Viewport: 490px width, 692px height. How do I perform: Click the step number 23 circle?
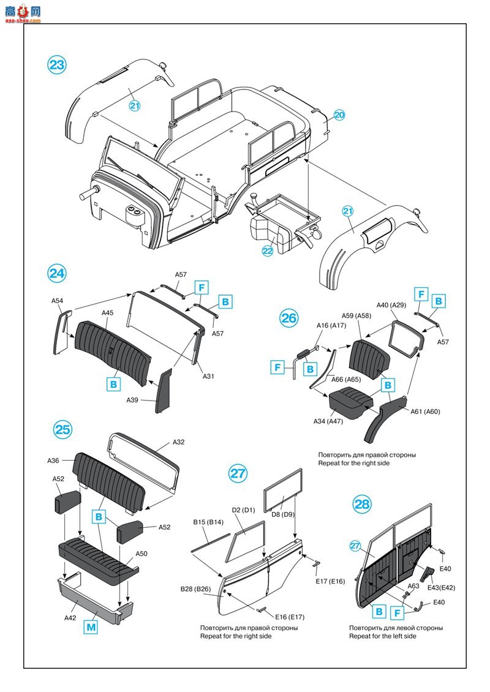pyautogui.click(x=56, y=66)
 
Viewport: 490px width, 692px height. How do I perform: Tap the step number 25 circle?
pyautogui.click(x=62, y=429)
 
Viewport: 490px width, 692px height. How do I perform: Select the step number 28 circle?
pyautogui.click(x=362, y=504)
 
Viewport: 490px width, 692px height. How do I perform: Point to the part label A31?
pyautogui.click(x=208, y=376)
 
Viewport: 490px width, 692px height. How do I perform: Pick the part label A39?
pyautogui.click(x=132, y=400)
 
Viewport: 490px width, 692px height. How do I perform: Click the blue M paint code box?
pyautogui.click(x=91, y=626)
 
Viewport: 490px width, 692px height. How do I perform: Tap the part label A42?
pyautogui.click(x=70, y=618)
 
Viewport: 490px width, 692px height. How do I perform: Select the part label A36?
pyautogui.click(x=53, y=461)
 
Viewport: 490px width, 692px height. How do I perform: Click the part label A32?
pyautogui.click(x=178, y=442)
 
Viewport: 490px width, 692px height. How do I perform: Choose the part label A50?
pyautogui.click(x=141, y=553)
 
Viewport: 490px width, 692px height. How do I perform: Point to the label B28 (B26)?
pyautogui.click(x=195, y=589)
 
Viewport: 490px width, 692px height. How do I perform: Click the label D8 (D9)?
pyautogui.click(x=285, y=514)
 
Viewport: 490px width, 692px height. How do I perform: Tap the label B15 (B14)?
pyautogui.click(x=208, y=522)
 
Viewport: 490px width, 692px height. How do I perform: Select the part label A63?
pyautogui.click(x=413, y=585)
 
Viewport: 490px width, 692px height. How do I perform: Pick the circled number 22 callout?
pyautogui.click(x=267, y=250)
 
